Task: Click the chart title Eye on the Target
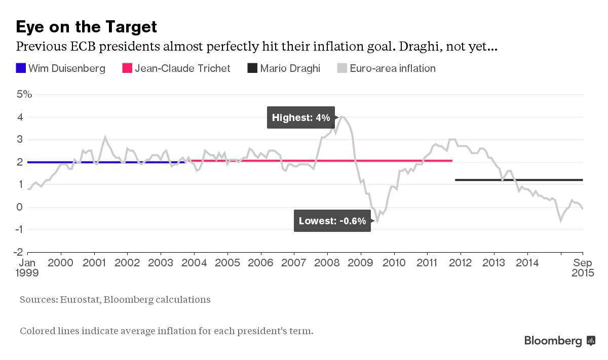tap(86, 26)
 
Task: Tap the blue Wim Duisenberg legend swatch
tap(20, 68)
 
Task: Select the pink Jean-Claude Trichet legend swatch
tap(127, 68)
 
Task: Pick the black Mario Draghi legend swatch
tap(252, 68)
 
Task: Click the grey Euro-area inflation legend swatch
tap(342, 68)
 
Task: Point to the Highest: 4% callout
tap(301, 117)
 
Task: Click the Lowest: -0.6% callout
tap(332, 221)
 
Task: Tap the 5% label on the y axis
tap(25, 94)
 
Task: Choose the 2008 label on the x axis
tap(328, 263)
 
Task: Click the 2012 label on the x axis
tap(461, 263)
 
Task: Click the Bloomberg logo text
tap(553, 341)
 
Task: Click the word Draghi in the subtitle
tap(424, 47)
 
